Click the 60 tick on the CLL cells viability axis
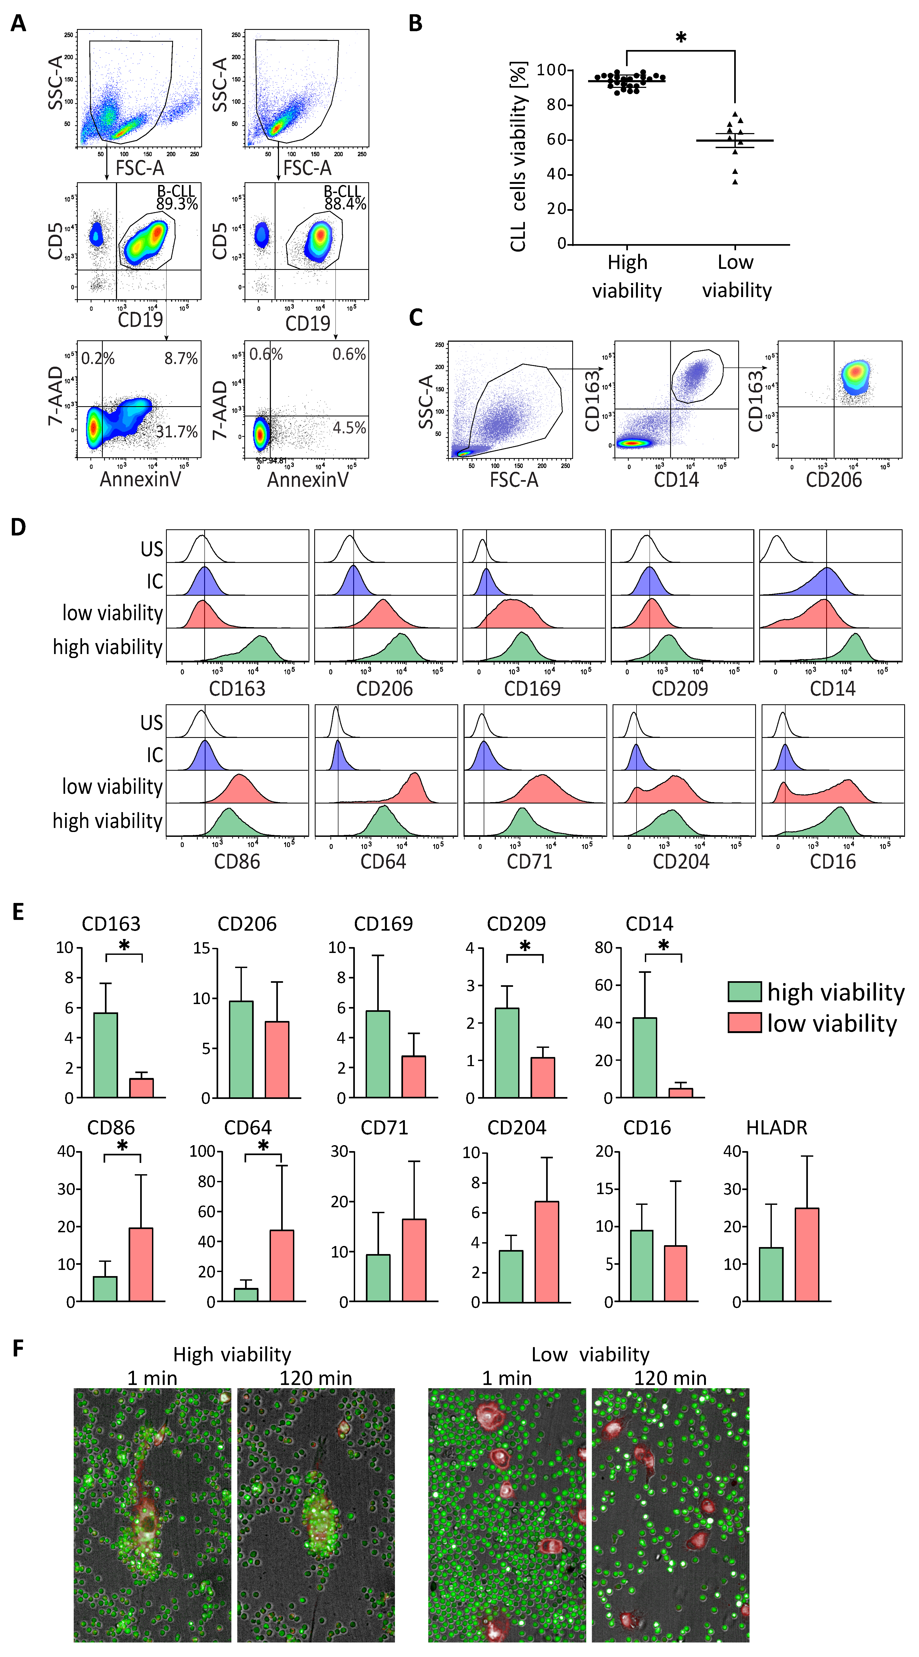tap(556, 140)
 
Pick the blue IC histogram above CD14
tap(827, 582)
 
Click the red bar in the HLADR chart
tap(807, 1254)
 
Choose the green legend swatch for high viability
tap(745, 991)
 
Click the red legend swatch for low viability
tap(745, 1022)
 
